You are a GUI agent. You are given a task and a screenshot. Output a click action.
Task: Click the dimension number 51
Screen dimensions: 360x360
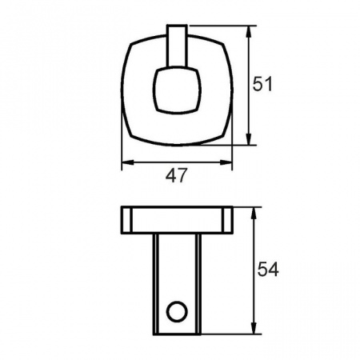pos(262,84)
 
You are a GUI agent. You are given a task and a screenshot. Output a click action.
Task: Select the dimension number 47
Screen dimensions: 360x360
pos(176,175)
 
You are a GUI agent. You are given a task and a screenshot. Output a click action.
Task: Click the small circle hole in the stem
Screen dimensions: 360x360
pos(177,311)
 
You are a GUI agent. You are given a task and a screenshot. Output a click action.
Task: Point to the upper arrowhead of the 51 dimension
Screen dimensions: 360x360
pos(249,31)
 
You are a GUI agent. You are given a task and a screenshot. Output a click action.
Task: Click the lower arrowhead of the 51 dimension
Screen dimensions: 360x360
pos(249,139)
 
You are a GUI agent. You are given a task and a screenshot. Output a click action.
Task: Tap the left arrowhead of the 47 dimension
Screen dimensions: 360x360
pos(127,162)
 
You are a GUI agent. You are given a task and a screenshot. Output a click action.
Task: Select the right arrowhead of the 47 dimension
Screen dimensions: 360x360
pos(226,162)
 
